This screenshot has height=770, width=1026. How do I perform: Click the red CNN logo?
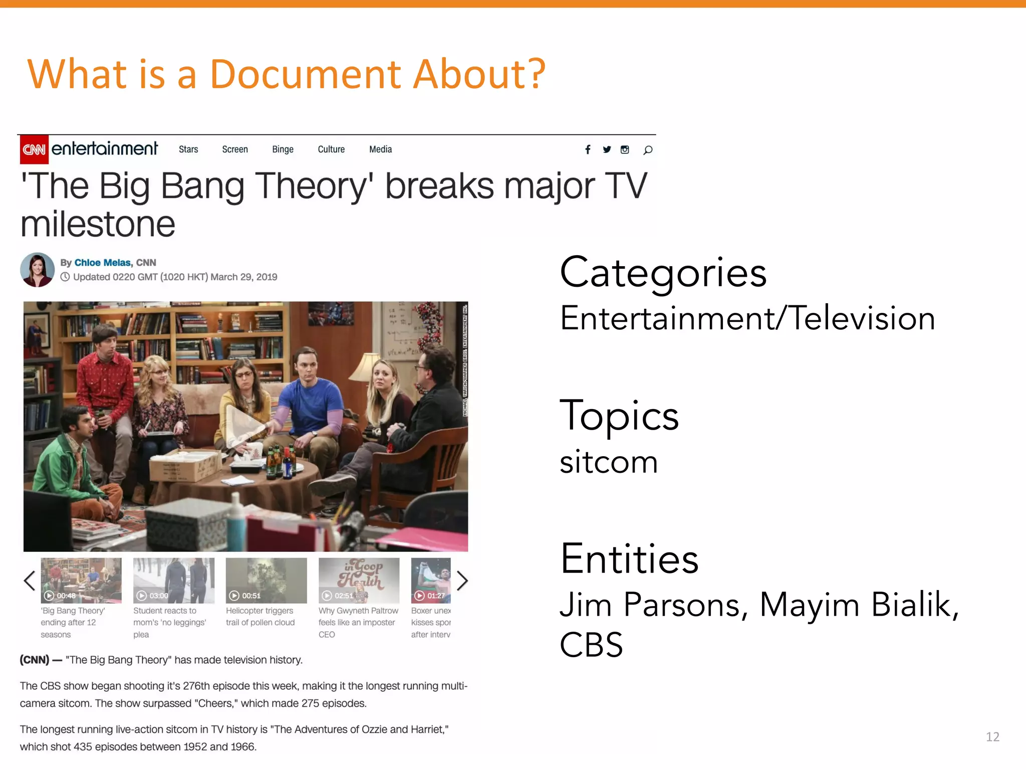34,149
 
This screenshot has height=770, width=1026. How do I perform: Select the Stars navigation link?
188,149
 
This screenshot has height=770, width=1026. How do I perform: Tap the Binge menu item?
283,149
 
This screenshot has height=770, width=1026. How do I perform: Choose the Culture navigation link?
331,149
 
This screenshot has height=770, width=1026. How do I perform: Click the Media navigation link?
380,149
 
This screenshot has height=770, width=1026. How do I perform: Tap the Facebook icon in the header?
588,149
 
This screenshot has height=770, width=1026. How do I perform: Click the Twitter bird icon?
607,149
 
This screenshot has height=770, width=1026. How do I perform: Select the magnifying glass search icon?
648,150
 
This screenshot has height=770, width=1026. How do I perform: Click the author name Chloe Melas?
103,263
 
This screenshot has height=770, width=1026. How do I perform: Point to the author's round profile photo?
38,270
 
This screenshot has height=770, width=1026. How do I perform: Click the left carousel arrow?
30,581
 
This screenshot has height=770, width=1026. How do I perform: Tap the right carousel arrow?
462,581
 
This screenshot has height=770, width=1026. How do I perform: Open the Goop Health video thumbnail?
359,580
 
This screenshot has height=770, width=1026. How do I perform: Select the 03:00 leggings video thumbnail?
173,580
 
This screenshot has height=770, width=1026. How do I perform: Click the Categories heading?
663,272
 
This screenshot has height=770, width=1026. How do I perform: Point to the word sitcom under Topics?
608,462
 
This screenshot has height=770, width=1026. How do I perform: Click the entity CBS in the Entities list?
591,645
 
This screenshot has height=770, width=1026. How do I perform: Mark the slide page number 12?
992,736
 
